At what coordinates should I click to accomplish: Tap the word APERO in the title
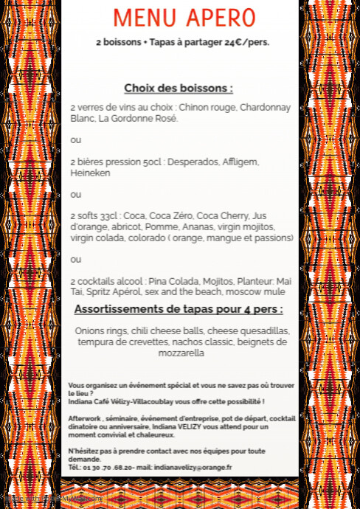[x=221, y=18]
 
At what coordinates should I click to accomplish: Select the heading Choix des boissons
[x=179, y=89]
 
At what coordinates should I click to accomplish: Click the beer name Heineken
[x=90, y=173]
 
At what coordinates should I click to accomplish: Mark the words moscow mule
[x=259, y=292]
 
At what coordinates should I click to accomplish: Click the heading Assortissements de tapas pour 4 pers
[x=179, y=309]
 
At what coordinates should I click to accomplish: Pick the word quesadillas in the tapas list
[x=262, y=331]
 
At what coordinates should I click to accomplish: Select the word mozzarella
[x=181, y=353]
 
